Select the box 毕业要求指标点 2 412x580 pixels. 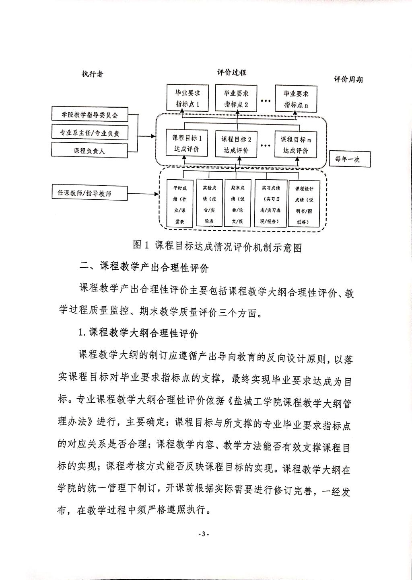pos(236,98)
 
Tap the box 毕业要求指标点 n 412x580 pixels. pos(296,98)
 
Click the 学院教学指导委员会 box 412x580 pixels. pos(90,115)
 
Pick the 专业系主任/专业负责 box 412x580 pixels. pos(90,132)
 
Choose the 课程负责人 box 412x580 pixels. pos(90,151)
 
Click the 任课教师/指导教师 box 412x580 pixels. pos(90,193)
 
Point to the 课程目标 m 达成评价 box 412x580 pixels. pos(296,145)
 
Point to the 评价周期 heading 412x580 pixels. pos(348,80)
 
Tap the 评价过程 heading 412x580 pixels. pos(232,72)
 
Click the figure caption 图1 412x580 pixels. pos(217,246)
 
